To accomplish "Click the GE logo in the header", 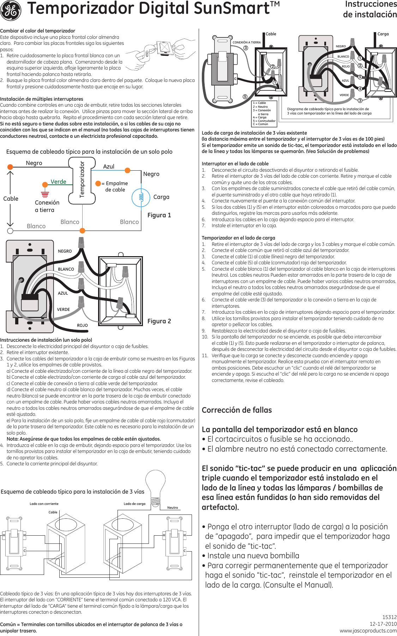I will (11, 10).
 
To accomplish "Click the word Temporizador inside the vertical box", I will (82, 179).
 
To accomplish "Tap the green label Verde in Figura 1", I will (58, 182).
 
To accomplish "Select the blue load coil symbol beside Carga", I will (141, 198).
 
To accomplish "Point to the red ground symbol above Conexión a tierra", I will (45, 194).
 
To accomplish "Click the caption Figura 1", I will (159, 215).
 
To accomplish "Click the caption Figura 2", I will (159, 321).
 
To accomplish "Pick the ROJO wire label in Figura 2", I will (82, 325).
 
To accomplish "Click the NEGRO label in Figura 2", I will (65, 251).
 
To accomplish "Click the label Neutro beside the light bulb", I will (173, 508).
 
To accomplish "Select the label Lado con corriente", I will (44, 504).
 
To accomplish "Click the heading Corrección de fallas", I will (237, 410).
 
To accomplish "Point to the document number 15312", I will (390, 617).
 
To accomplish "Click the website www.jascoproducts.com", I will (368, 631).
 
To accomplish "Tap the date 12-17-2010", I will (383, 624).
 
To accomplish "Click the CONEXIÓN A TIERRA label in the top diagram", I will (247, 42).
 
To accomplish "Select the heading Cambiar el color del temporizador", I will (38, 31).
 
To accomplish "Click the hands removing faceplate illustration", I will (161, 53).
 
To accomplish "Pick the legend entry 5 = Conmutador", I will (264, 121).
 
